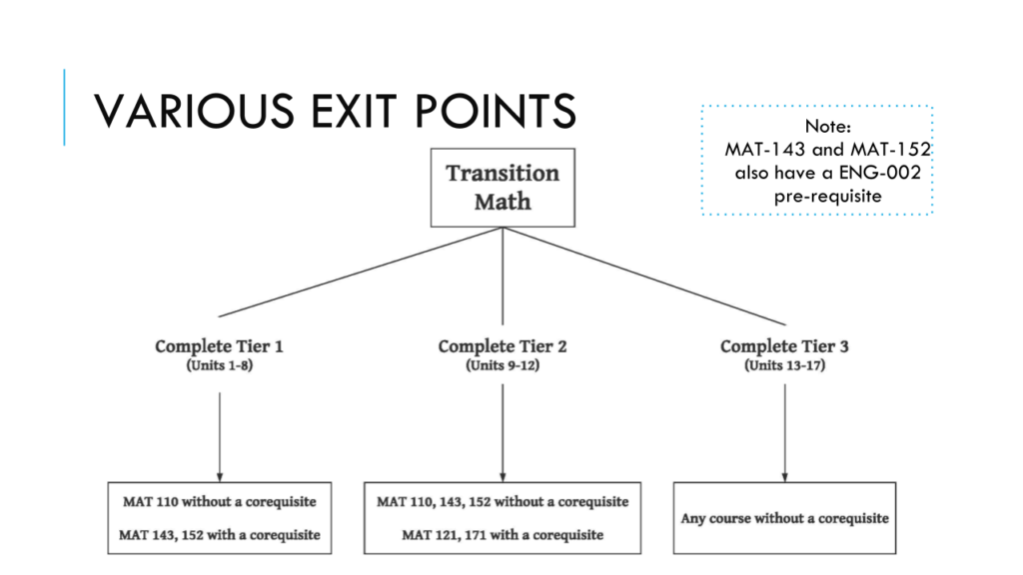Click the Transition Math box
tap(503, 188)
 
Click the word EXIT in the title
tap(353, 110)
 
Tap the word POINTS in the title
tap(496, 110)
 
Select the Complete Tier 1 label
tap(219, 346)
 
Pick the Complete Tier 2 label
tap(503, 346)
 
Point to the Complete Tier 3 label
tap(784, 346)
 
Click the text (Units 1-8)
tap(219, 365)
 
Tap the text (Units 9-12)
tap(503, 365)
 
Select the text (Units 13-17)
tap(785, 365)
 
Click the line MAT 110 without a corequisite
tap(220, 501)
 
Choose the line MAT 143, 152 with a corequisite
tap(220, 535)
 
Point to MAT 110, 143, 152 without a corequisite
tap(503, 501)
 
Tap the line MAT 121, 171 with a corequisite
tap(503, 535)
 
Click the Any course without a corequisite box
tap(785, 518)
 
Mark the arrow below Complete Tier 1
tap(220, 437)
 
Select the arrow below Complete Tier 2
tap(503, 433)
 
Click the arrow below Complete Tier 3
tap(785, 433)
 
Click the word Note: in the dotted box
tap(827, 126)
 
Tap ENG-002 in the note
tap(880, 172)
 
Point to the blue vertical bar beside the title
tap(64, 107)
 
